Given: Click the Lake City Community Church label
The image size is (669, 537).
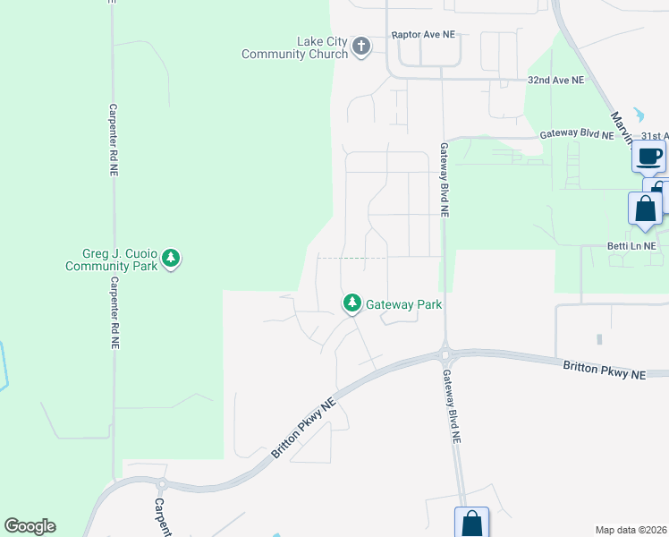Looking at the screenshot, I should coord(295,47).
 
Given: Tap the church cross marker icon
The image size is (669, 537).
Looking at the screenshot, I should coord(361,47).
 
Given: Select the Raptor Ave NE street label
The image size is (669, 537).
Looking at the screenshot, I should coord(423,35).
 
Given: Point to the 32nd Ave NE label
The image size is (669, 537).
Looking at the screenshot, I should coord(555,80).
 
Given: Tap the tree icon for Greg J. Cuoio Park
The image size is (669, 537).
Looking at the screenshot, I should coord(172,260).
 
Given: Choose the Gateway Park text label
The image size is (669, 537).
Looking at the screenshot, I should coord(404,304).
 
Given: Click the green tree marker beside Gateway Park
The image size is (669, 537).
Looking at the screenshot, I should coord(352,304).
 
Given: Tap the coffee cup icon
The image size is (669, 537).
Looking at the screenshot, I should coord(649,157).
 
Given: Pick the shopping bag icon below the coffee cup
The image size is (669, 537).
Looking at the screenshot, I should coord(645,209).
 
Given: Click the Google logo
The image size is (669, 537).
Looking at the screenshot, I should coord(30,526).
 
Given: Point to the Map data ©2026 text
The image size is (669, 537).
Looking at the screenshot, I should coord(631,530).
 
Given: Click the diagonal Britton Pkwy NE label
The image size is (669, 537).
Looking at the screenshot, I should coord(304,430).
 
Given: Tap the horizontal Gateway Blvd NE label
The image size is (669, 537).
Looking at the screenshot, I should coord(577,135).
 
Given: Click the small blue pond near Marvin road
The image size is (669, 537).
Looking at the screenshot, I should coord(637,115).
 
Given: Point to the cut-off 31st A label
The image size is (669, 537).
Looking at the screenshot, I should coord(654,136).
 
